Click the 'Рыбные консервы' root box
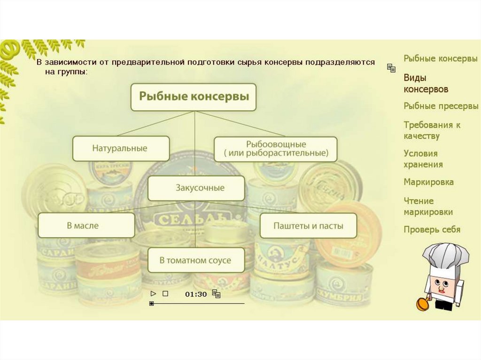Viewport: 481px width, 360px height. pos(193,97)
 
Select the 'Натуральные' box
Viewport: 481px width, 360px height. pos(121,148)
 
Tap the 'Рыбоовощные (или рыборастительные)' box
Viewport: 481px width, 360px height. pos(275,149)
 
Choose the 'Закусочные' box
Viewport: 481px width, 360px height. pos(196,188)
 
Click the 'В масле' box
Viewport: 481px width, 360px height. pos(86,225)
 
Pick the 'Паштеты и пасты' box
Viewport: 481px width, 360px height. pos(308,225)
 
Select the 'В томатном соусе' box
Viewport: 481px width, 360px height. pos(196,260)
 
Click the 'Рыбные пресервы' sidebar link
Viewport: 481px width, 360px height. pos(441,106)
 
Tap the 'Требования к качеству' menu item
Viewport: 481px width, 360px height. pos(432,130)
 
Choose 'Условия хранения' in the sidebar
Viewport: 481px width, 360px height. pos(423,159)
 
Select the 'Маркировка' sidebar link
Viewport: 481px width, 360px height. pos(428,182)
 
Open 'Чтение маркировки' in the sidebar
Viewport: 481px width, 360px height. pos(428,207)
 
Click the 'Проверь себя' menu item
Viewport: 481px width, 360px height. pos(432,230)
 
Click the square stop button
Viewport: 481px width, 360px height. pos(165,294)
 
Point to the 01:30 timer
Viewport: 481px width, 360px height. pos(195,294)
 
